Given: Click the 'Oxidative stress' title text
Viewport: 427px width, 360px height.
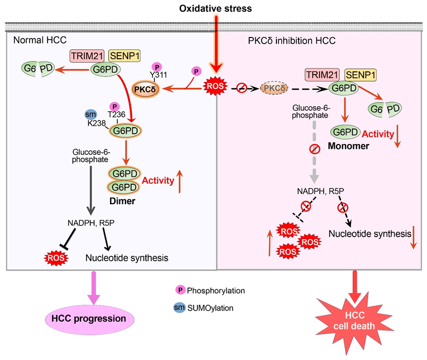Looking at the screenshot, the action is pos(215,9).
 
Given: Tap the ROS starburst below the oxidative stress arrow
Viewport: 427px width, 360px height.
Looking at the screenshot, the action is pos(215,86).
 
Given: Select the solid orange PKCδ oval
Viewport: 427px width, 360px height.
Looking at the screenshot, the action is pos(145,89).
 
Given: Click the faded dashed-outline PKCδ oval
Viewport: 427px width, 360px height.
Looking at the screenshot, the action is pos(274,88).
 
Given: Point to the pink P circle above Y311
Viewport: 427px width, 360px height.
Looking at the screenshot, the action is pos(156,67).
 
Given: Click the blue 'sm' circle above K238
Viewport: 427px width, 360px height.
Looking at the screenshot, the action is pos(91,114).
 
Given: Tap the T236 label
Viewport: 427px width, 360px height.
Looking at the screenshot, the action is pos(116,114).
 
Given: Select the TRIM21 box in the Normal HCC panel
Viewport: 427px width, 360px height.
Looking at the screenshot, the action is pos(87,56).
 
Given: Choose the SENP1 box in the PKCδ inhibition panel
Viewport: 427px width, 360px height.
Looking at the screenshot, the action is pos(360,74).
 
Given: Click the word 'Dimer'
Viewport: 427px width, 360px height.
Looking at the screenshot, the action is pos(122,201).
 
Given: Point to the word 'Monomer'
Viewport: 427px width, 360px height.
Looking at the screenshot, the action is pos(349,146).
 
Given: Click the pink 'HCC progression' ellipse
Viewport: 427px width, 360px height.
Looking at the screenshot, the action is pos(89,319).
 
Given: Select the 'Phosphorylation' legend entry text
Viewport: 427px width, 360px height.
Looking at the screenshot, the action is pos(216,290).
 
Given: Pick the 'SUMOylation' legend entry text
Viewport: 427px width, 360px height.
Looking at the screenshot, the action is pos(210,308).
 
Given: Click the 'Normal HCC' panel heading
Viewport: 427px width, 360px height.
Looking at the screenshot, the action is pos(40,40).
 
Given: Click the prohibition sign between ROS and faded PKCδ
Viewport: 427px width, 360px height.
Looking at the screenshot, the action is pos(241,88).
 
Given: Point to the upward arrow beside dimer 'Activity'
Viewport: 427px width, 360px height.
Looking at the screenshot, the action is pos(180,181).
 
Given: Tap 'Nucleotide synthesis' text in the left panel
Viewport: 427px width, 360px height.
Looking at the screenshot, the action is pos(127,258).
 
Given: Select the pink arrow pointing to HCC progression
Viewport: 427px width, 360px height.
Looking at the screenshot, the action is pos(94,288).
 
